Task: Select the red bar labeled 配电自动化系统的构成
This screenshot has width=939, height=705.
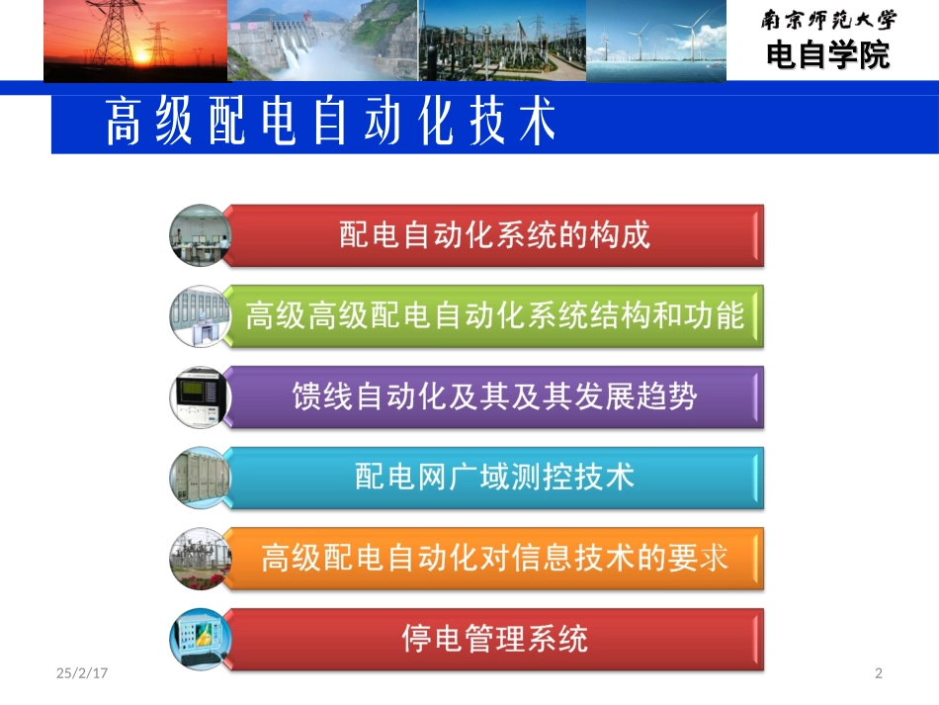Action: [494, 235]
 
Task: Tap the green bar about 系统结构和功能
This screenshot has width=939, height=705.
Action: [494, 316]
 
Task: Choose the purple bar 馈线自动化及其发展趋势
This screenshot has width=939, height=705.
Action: [494, 397]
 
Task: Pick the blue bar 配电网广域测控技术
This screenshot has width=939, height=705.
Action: [494, 478]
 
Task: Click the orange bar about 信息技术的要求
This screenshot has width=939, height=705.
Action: [494, 559]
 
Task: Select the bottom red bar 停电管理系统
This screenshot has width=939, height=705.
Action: [494, 639]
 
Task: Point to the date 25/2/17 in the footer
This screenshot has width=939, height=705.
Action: [82, 674]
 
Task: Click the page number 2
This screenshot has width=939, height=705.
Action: [879, 674]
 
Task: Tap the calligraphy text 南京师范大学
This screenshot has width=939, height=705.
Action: [828, 21]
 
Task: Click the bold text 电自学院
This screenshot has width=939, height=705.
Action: [828, 55]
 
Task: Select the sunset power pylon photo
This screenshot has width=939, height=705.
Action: [135, 41]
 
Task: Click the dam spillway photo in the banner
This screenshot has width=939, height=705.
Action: [322, 41]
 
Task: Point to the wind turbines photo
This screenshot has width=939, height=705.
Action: [656, 41]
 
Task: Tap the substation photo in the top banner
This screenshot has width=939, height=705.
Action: [502, 41]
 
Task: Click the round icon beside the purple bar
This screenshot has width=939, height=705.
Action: [200, 397]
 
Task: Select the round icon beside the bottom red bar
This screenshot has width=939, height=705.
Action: [200, 639]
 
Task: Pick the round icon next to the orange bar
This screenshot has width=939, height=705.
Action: [200, 559]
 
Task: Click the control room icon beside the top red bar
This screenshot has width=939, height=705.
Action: [200, 235]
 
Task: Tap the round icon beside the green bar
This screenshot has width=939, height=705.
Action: [200, 316]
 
